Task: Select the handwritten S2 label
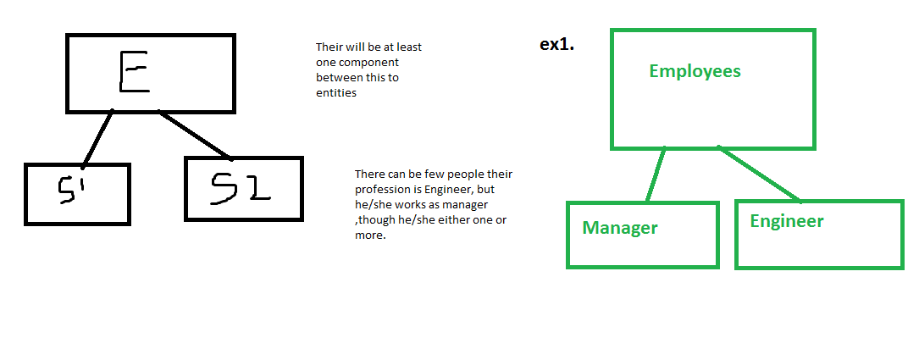[241, 188]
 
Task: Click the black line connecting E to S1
[97, 137]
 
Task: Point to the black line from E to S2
[194, 135]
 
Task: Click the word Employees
[695, 71]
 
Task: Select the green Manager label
[620, 228]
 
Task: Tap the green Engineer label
[787, 221]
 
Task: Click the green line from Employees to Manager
[655, 175]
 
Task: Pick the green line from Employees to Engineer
[761, 174]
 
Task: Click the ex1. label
[557, 45]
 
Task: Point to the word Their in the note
[329, 47]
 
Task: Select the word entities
[336, 93]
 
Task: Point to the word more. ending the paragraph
[369, 235]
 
